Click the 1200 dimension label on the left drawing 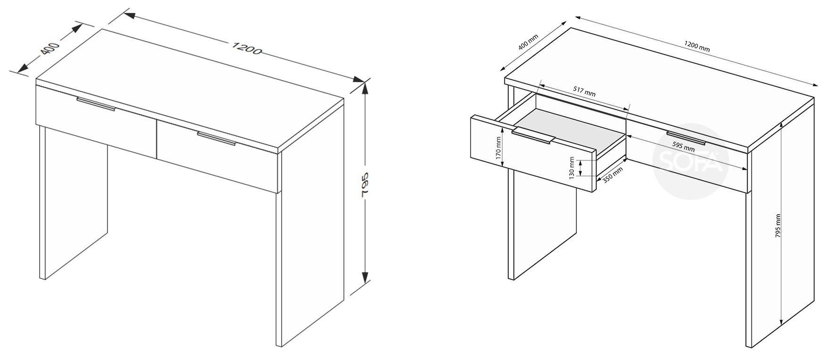pyautogui.click(x=246, y=48)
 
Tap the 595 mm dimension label pyautogui.click(x=683, y=146)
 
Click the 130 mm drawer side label pyautogui.click(x=572, y=167)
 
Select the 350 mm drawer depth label pyautogui.click(x=613, y=175)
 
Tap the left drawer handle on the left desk pyautogui.click(x=96, y=104)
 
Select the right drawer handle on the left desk pyautogui.click(x=217, y=139)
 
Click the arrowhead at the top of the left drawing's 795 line pyautogui.click(x=364, y=89)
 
